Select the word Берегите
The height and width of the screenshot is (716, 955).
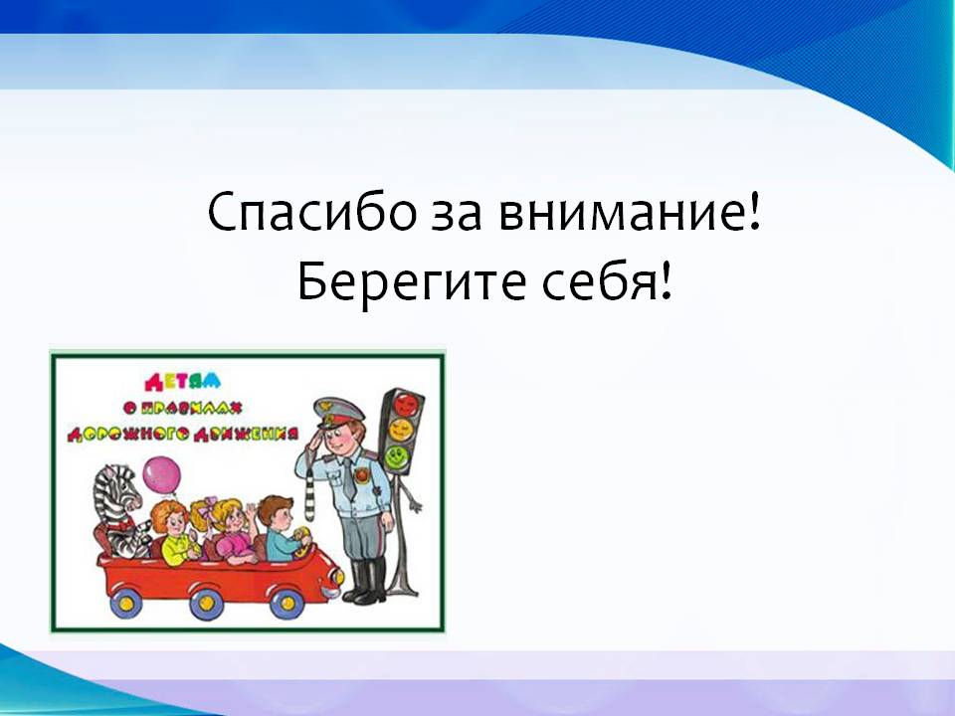(411, 281)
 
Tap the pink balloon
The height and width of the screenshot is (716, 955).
(162, 475)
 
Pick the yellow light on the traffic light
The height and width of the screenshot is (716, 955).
(401, 431)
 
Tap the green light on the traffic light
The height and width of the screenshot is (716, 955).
(397, 456)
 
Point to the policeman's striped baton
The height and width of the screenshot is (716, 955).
(309, 495)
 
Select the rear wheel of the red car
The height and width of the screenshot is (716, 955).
(126, 603)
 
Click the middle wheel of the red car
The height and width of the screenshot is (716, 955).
(207, 603)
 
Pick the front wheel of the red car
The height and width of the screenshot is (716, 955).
(286, 603)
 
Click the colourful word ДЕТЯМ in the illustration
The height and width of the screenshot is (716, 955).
(183, 382)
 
